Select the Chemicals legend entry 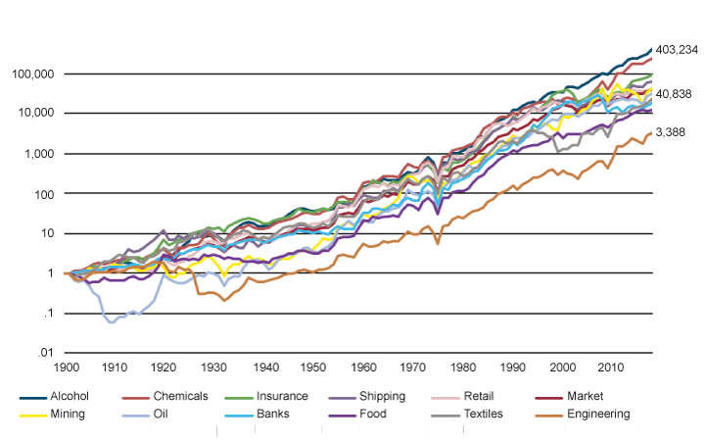[x=180, y=396]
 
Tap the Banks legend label [x=277, y=414]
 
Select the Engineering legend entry [x=590, y=414]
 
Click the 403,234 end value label [x=677, y=50]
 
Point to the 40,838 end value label [x=674, y=94]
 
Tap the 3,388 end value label [x=671, y=132]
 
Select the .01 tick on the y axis [x=44, y=353]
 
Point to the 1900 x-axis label [x=66, y=368]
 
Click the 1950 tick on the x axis [x=314, y=368]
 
